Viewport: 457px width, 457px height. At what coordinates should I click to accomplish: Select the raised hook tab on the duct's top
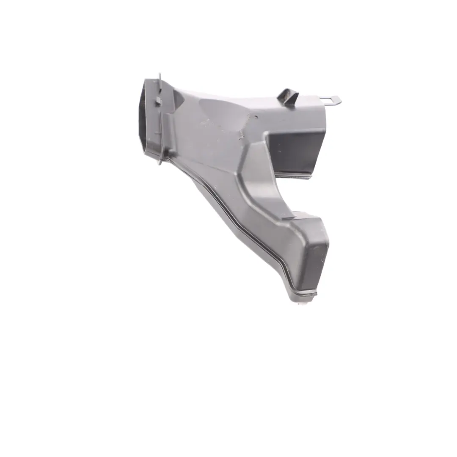coord(288,96)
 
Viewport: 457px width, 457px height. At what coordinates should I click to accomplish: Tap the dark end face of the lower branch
coord(316,264)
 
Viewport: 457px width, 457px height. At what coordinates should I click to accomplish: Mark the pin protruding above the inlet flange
coord(160,77)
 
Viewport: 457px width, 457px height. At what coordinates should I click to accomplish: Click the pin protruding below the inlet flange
coord(160,161)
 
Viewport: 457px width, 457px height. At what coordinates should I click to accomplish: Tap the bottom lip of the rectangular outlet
coord(295,174)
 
